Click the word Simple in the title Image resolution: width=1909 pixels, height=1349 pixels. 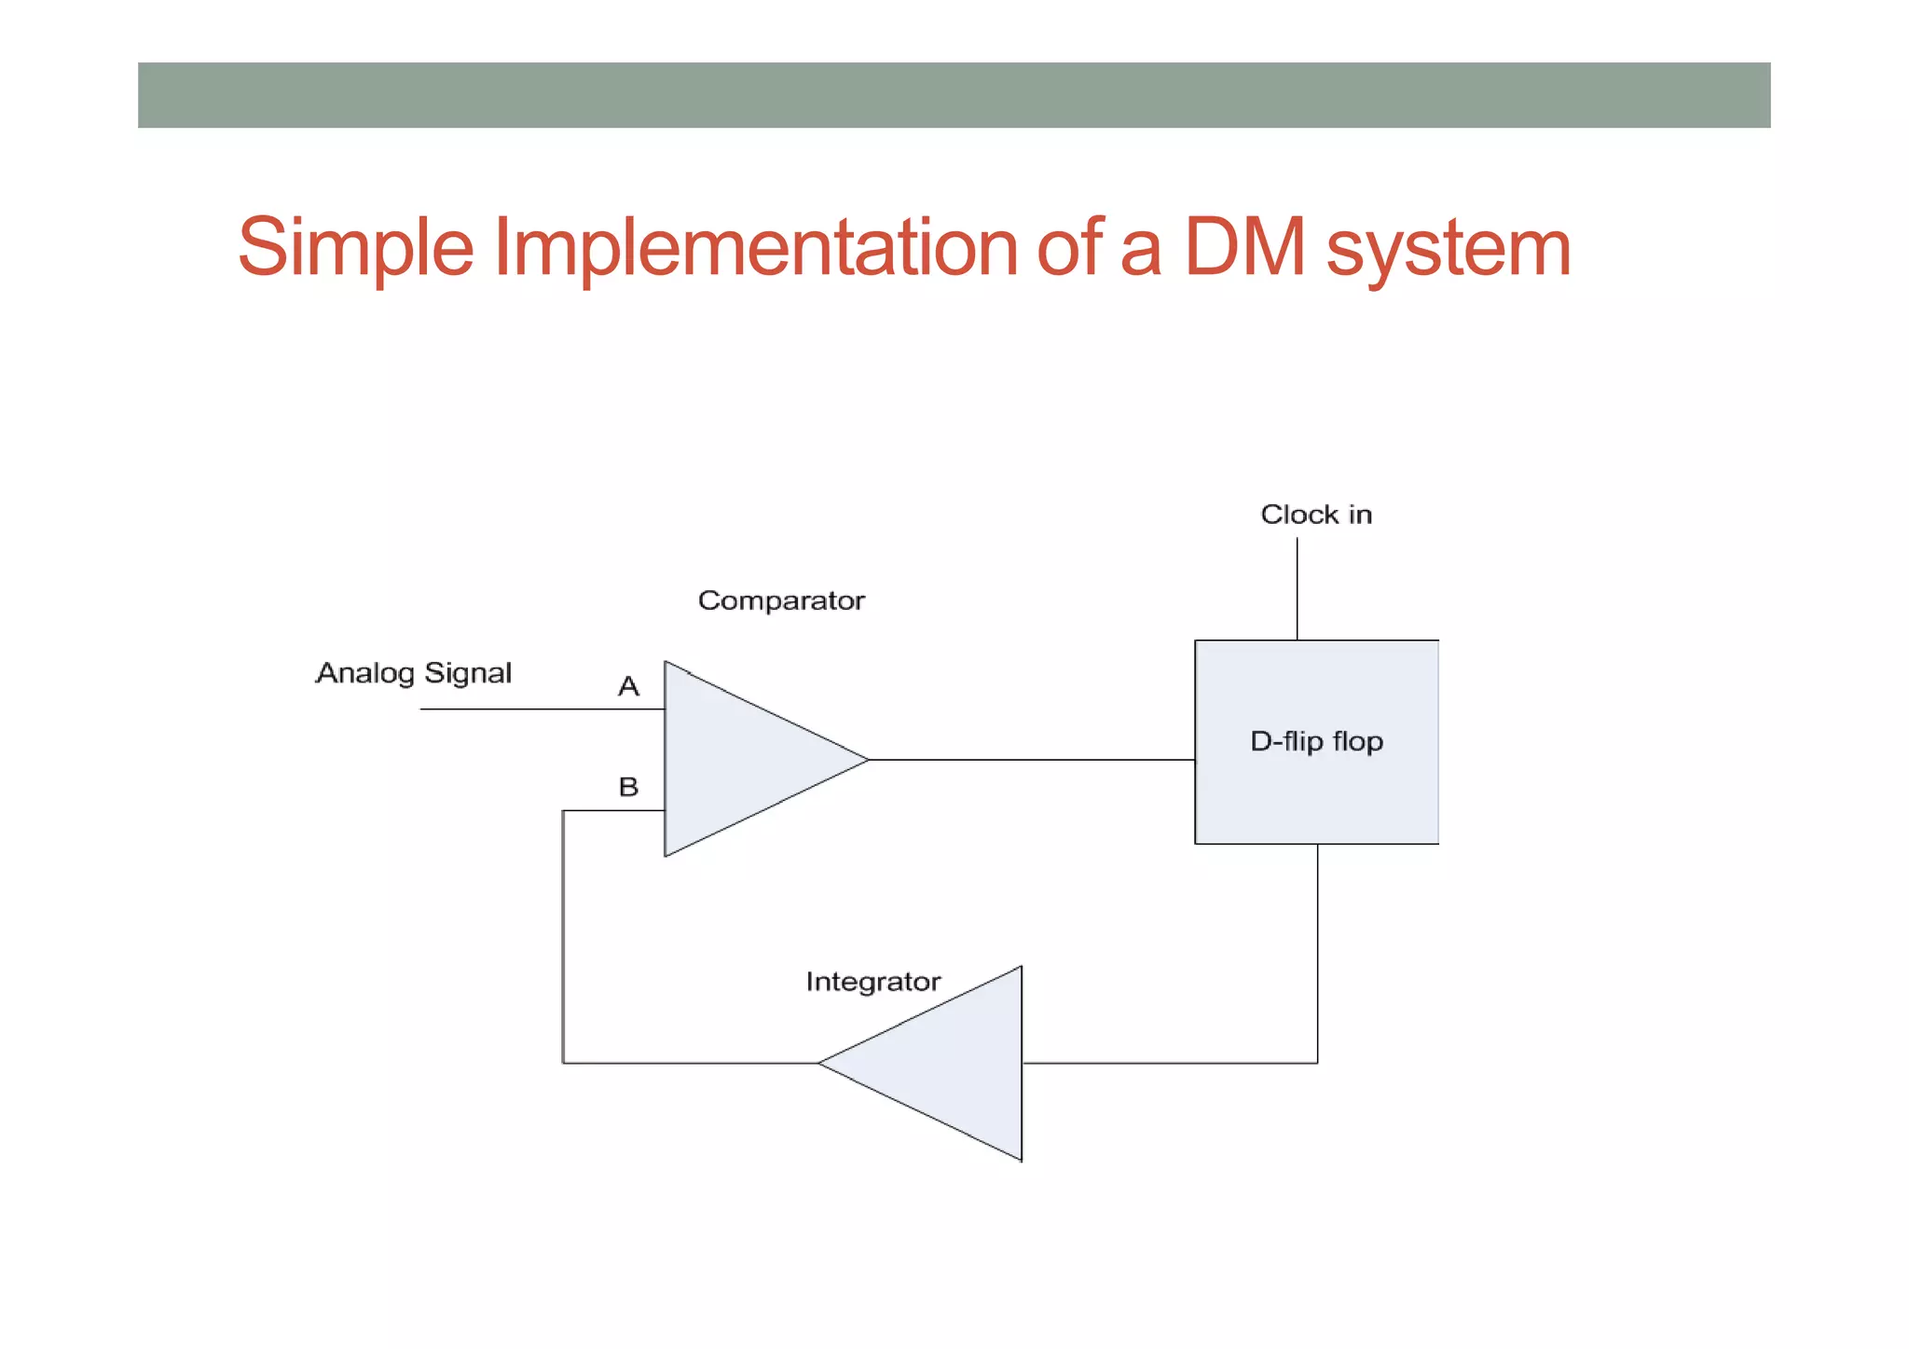coord(355,248)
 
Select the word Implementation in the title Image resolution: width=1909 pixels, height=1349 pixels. coord(755,248)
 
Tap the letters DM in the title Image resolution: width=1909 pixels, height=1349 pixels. coord(1244,248)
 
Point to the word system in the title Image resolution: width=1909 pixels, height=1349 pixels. coord(1449,250)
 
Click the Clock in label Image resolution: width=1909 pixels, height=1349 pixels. coord(1316,515)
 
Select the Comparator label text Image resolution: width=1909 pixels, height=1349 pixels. coord(781,600)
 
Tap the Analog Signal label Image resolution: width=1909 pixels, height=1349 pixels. coord(414,673)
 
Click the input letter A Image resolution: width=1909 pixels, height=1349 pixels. coord(628,687)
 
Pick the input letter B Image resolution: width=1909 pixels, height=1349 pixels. coord(629,787)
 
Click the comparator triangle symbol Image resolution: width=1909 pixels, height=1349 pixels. coord(736,759)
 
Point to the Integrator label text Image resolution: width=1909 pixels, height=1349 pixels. coord(873,982)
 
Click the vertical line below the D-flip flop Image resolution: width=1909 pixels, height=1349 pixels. coord(1317,951)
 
